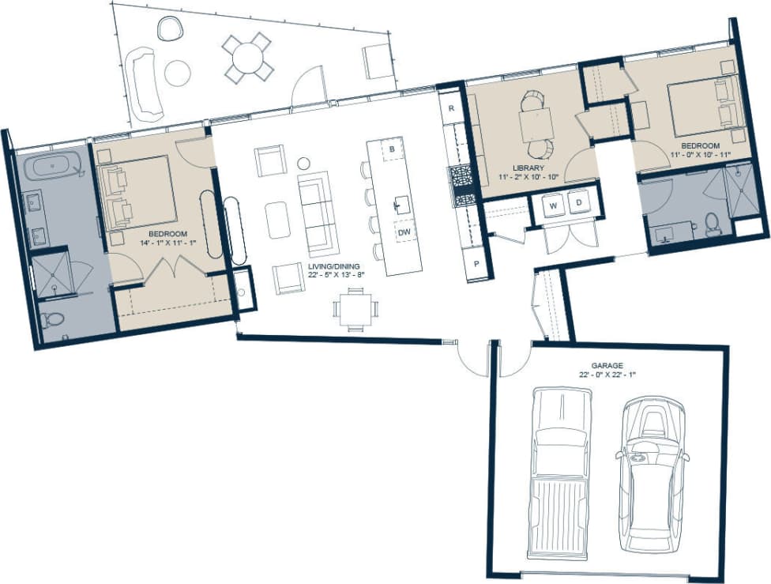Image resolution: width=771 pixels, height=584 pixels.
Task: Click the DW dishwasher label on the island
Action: click(x=404, y=232)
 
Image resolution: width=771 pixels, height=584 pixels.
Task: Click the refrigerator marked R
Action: click(x=450, y=107)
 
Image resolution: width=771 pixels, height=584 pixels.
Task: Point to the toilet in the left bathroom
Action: click(x=53, y=320)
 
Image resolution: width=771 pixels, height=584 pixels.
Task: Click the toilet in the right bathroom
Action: click(x=713, y=224)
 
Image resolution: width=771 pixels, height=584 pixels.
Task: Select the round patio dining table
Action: click(x=248, y=56)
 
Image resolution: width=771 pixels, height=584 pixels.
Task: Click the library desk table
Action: click(x=536, y=124)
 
